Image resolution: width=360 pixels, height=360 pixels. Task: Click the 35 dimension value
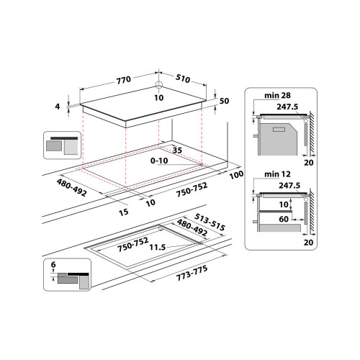[x=176, y=150]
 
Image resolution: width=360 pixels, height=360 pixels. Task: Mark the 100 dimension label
[x=235, y=176]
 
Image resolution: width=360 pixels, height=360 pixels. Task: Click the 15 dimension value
[x=123, y=212]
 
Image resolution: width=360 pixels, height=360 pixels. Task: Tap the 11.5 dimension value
[x=158, y=248]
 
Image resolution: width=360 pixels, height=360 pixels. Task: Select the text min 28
[x=274, y=94]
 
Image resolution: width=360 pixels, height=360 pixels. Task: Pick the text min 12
[x=274, y=174]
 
